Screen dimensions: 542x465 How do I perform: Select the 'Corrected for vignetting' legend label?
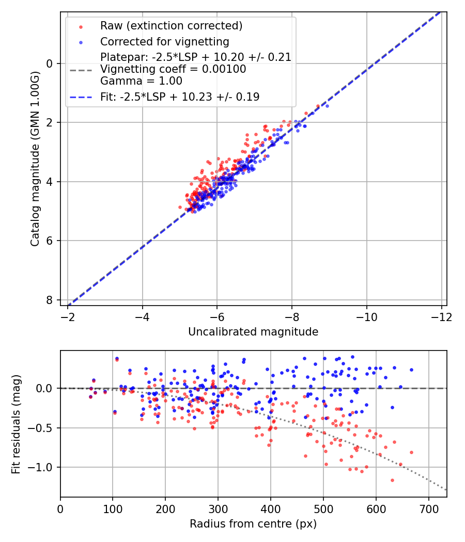pos(164,41)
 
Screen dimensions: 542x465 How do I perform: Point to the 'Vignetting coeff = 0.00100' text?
pos(173,69)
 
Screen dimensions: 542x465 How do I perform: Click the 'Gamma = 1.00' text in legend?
pos(141,81)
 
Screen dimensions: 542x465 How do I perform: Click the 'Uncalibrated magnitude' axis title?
pos(253,331)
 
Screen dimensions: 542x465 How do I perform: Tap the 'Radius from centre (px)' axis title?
pos(253,524)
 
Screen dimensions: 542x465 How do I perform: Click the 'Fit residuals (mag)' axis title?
pos(16,424)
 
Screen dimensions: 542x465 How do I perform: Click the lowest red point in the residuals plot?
pos(392,480)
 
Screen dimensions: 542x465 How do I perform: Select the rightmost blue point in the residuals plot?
pos(411,370)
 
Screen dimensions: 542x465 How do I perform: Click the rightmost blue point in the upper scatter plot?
pos(327,106)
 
